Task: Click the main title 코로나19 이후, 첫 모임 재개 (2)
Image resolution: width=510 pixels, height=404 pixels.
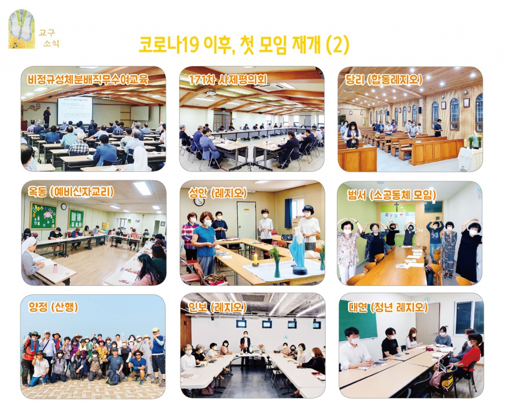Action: click(244, 45)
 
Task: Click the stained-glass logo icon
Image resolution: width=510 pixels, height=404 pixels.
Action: click(22, 29)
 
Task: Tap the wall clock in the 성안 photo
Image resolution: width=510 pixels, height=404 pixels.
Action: click(199, 201)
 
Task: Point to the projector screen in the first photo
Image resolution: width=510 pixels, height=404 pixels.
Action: click(74, 110)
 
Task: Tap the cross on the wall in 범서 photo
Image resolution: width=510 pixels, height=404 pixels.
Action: click(397, 205)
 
